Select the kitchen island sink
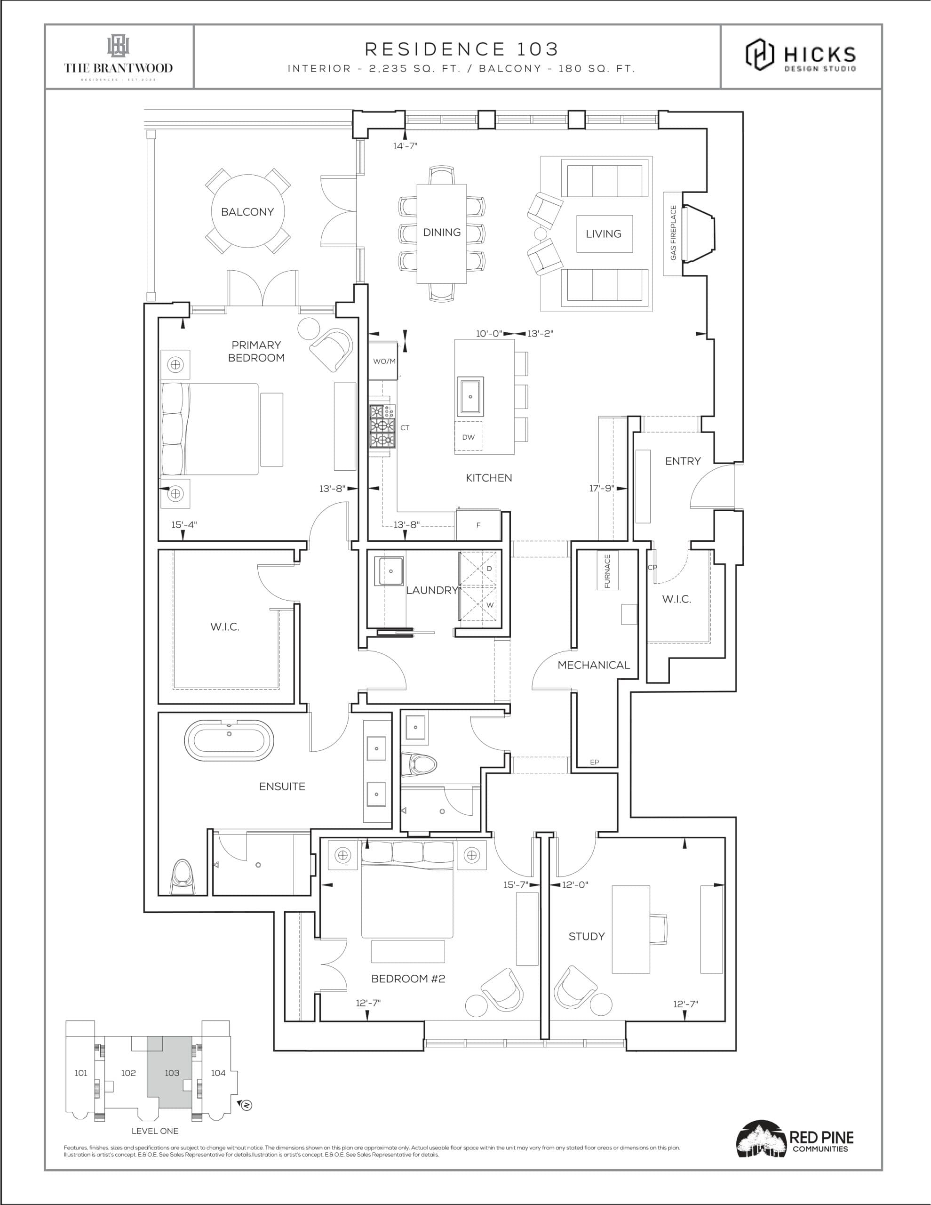click(470, 396)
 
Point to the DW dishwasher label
click(468, 437)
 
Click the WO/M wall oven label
click(384, 361)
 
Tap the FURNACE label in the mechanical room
click(607, 571)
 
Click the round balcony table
click(247, 211)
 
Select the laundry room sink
click(390, 571)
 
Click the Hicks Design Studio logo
click(801, 55)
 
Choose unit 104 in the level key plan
click(218, 1073)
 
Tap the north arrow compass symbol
click(247, 1105)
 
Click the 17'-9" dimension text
click(601, 488)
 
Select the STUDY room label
click(586, 936)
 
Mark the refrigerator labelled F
click(478, 525)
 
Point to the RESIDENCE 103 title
click(462, 49)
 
